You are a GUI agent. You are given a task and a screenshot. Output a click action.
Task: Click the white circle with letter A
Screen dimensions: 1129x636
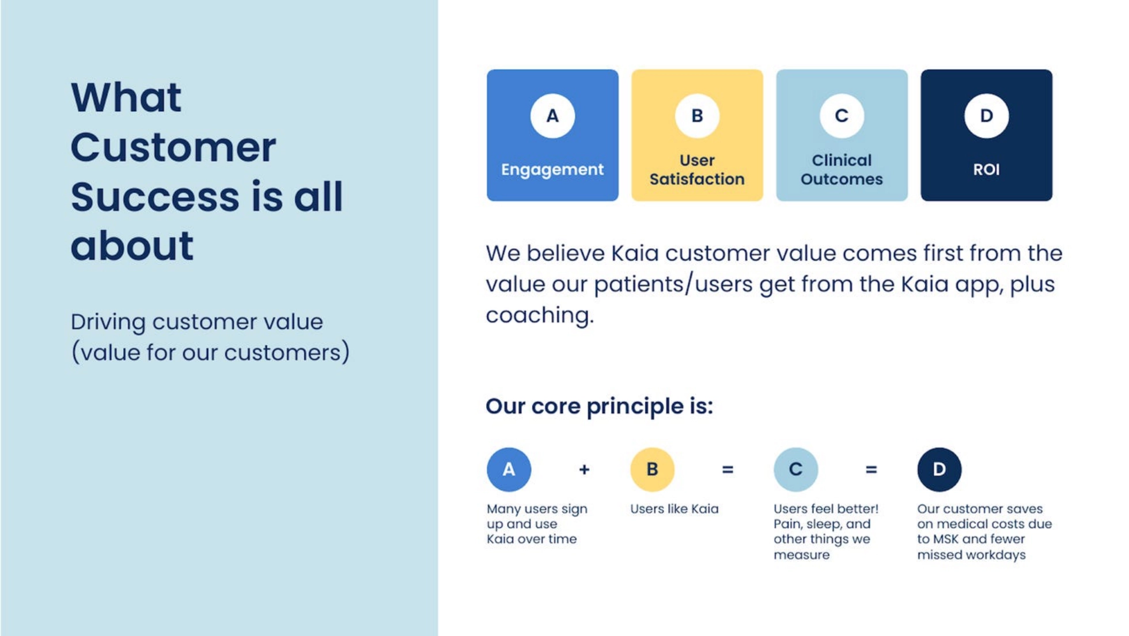552,116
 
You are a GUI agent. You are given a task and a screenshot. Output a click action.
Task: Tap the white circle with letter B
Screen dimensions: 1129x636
697,116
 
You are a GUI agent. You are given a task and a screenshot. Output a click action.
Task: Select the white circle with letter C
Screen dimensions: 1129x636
842,116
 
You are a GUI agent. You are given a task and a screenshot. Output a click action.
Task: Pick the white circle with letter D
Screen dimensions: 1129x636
986,116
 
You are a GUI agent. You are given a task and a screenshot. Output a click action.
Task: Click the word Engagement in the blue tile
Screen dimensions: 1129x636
552,170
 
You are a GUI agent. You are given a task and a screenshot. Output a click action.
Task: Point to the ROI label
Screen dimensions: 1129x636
986,169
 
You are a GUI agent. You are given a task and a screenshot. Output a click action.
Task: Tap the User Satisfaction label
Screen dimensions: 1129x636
697,169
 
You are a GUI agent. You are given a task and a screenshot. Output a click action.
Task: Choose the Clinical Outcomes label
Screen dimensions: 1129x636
842,169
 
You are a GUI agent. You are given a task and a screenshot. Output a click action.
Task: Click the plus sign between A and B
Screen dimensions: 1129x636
584,470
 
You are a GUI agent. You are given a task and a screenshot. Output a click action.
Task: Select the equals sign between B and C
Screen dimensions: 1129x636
728,470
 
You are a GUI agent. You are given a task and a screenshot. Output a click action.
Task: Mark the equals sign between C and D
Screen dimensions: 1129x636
871,470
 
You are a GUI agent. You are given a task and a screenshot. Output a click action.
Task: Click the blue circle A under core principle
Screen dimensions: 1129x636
509,470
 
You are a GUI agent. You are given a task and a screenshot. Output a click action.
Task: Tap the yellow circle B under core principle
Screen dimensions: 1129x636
652,470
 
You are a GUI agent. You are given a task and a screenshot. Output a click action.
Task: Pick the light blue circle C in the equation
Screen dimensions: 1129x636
795,470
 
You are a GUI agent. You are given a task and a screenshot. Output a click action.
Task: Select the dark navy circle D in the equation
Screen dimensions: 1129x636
939,470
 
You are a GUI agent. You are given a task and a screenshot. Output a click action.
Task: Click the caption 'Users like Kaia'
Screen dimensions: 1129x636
674,509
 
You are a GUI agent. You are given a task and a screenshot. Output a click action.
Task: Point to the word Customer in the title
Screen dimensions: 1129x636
173,147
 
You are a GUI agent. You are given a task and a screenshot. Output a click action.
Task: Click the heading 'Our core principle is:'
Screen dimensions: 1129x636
599,407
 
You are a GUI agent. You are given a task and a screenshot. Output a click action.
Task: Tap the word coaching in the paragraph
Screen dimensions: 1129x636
539,316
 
